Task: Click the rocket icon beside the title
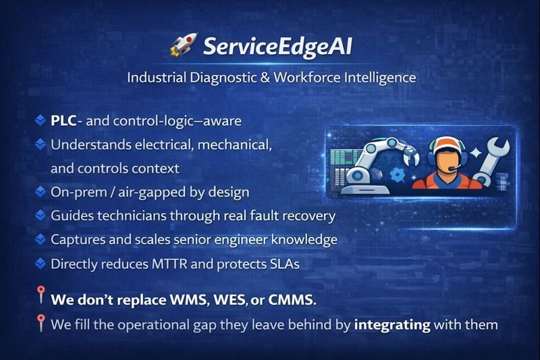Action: click(x=180, y=47)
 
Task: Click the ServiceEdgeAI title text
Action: click(x=277, y=47)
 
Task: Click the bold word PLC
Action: click(x=63, y=122)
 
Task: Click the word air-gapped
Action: click(x=134, y=192)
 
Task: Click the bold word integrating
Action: click(x=392, y=325)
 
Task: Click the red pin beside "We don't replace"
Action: click(x=40, y=295)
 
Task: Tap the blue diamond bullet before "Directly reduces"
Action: click(x=40, y=263)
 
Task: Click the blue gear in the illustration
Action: click(x=398, y=175)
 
